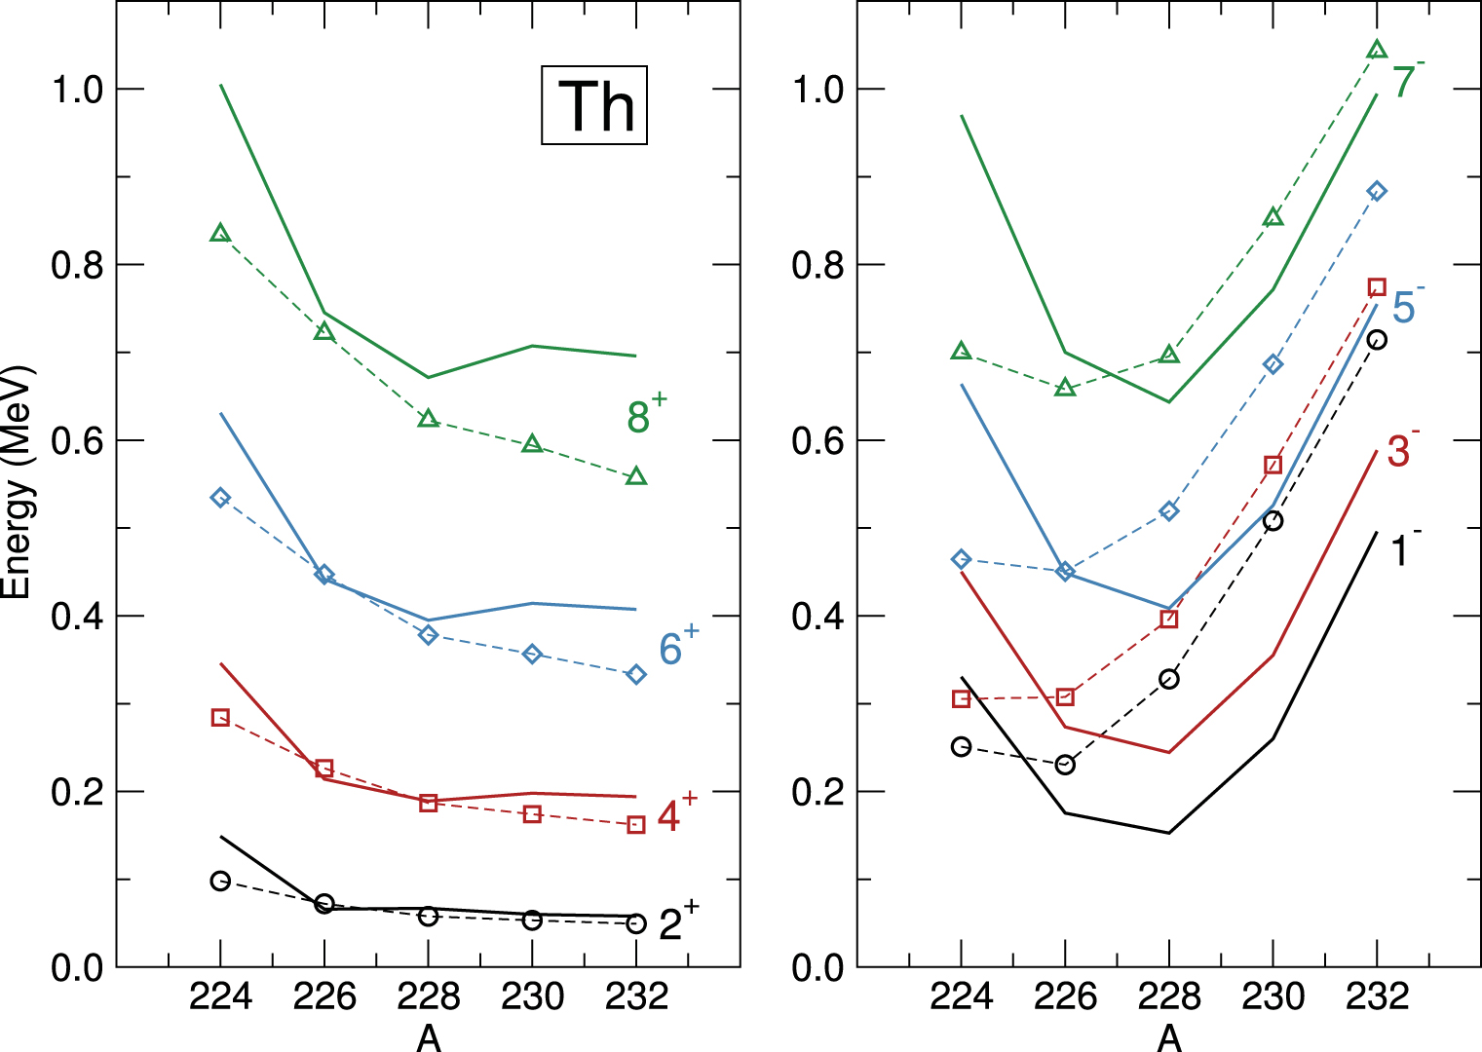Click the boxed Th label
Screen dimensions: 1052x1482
(594, 105)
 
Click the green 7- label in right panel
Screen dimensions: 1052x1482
(1407, 81)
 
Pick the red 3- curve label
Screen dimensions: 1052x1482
(1401, 450)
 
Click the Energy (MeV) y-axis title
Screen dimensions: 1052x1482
(18, 482)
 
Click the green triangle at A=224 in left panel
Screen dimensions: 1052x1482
(220, 233)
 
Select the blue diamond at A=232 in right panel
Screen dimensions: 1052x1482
(1377, 191)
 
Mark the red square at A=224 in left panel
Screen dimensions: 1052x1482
(220, 718)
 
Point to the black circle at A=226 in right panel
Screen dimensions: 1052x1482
(1065, 765)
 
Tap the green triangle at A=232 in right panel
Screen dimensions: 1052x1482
(1377, 50)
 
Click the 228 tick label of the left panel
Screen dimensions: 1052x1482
(428, 996)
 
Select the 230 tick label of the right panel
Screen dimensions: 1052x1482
(1273, 996)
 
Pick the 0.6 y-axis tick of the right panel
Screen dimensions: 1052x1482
(817, 441)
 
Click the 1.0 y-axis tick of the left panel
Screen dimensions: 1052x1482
(77, 90)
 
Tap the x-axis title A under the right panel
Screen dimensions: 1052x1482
(1169, 1038)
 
